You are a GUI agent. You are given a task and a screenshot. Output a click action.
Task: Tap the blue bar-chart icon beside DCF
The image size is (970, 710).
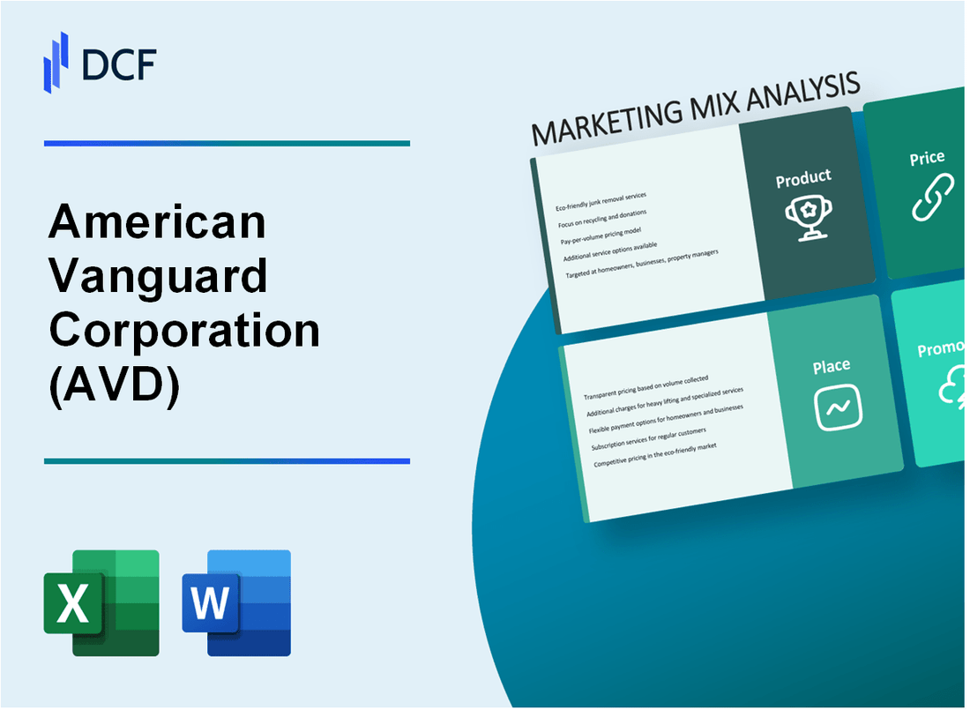click(56, 61)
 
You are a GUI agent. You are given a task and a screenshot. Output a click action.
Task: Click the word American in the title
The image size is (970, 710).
click(157, 221)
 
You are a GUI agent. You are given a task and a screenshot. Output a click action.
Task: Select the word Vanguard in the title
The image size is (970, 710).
click(159, 276)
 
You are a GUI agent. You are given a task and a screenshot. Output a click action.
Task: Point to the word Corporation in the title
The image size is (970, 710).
click(184, 331)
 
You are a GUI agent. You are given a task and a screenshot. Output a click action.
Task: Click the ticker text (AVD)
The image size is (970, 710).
click(115, 385)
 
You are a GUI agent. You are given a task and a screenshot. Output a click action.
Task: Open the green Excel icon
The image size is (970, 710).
click(101, 603)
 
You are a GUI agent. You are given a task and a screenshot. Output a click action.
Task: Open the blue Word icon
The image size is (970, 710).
click(236, 603)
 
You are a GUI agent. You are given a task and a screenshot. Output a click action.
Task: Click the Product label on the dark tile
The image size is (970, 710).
click(802, 178)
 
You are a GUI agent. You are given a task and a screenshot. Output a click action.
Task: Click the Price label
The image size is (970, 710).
click(927, 159)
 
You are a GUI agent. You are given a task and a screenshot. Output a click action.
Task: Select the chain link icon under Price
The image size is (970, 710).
click(932, 198)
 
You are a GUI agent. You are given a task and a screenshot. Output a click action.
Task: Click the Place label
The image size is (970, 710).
click(832, 365)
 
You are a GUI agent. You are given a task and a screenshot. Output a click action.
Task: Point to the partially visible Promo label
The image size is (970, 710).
click(942, 350)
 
